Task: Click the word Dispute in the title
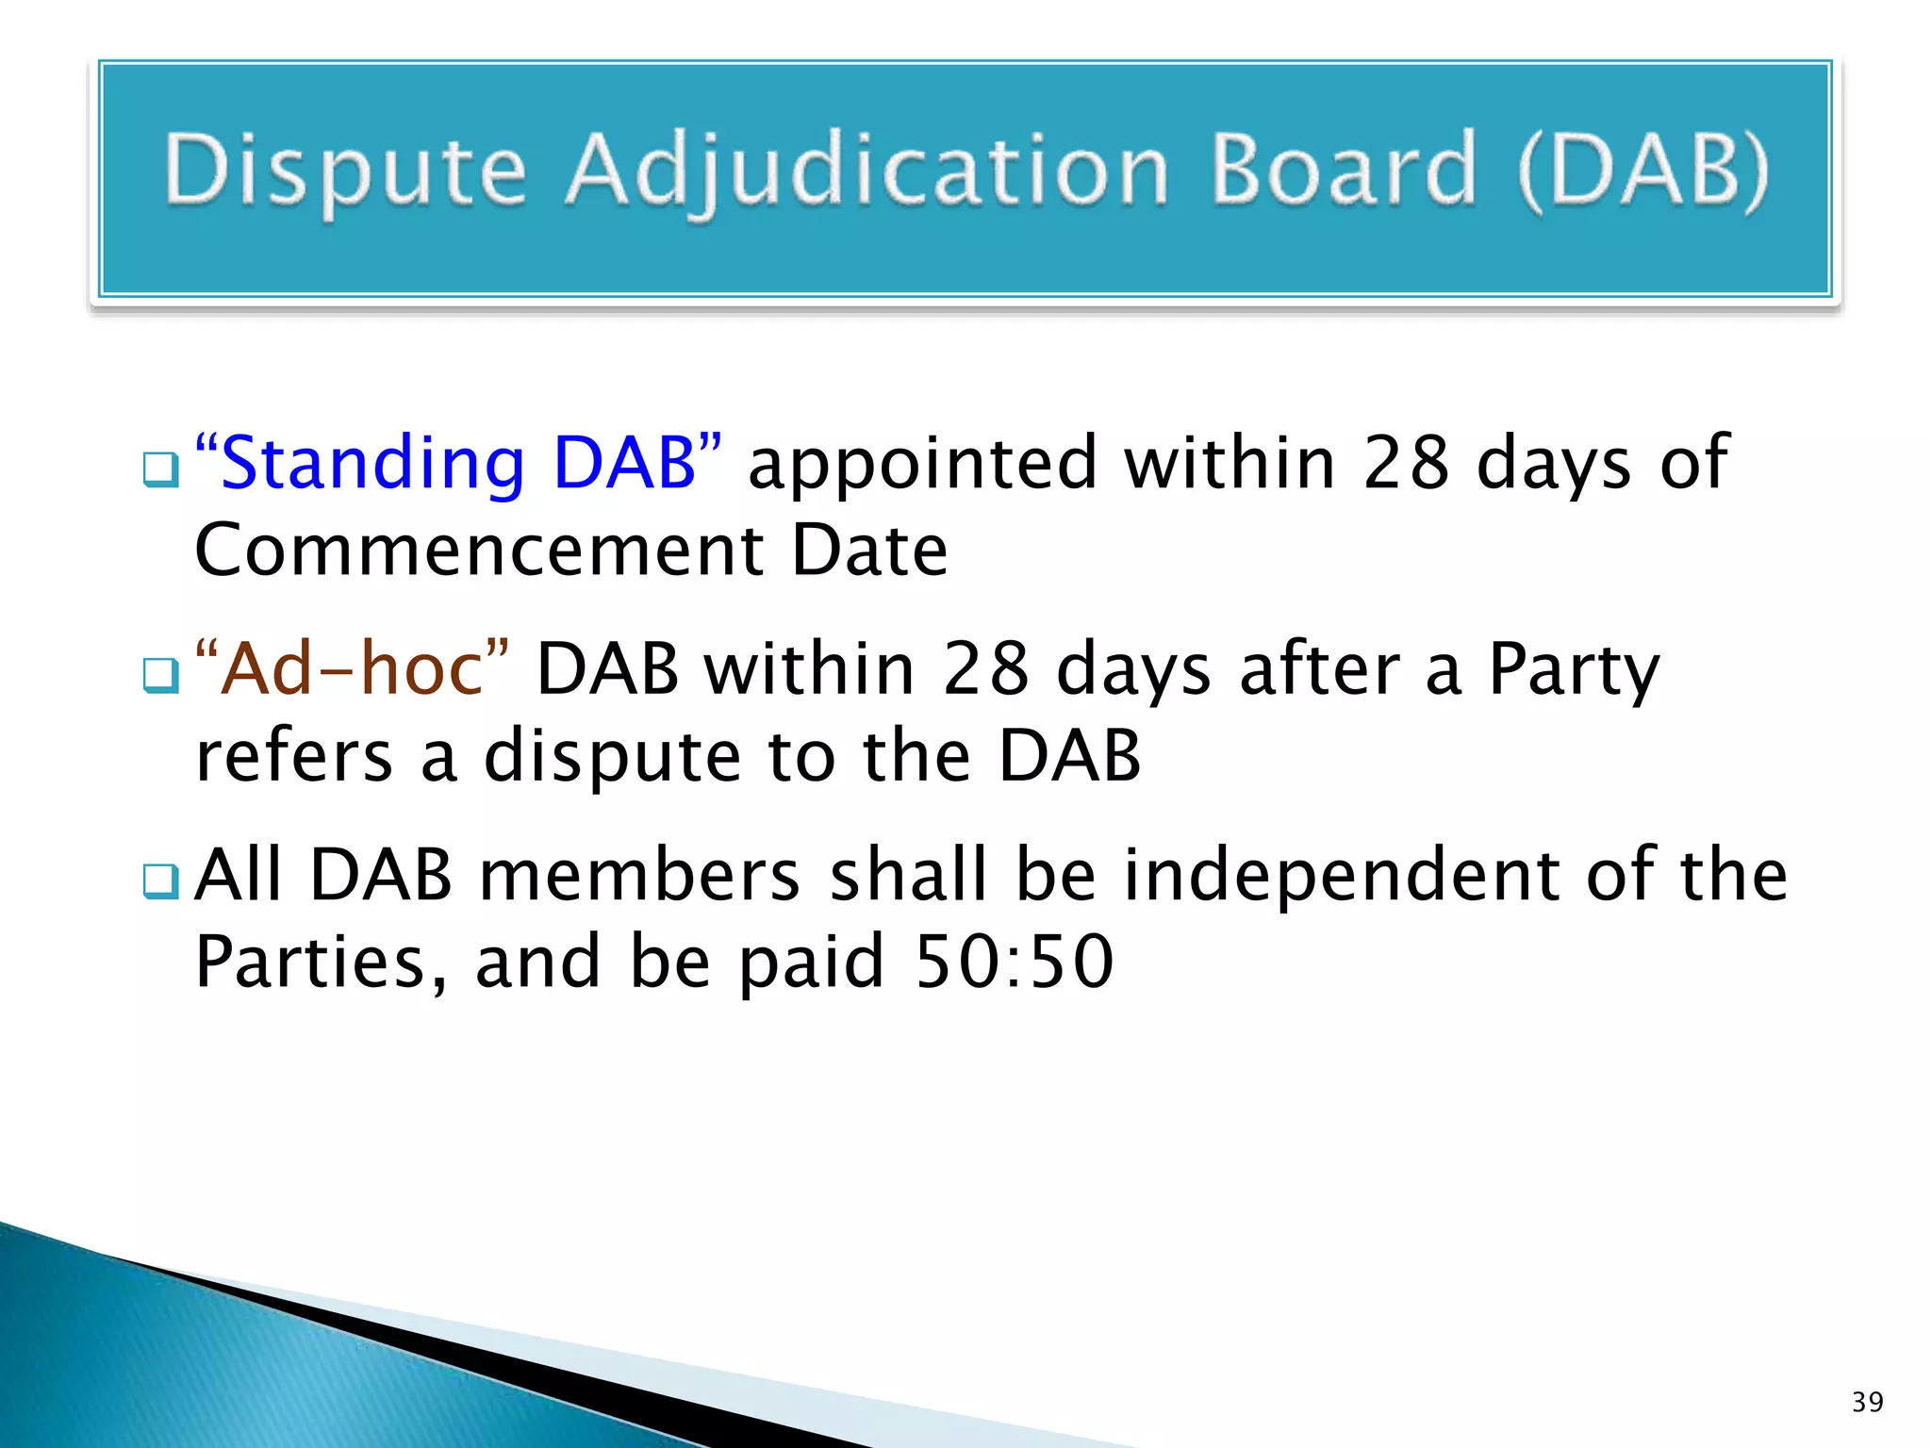(345, 171)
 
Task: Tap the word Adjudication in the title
(866, 171)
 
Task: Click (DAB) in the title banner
(1643, 171)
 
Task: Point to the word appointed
(922, 464)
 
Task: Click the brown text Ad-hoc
(352, 668)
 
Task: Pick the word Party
(1574, 668)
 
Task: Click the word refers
(293, 756)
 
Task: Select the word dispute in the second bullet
(613, 756)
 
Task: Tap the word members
(640, 875)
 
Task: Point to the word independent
(1341, 875)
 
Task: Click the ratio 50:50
(1015, 962)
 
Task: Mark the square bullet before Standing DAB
(160, 469)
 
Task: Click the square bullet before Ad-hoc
(160, 675)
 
